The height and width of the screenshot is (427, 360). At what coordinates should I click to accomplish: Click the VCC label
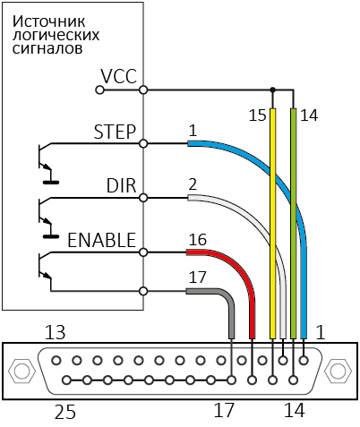tap(118, 76)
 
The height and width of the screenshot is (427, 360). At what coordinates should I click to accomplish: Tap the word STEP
tap(115, 132)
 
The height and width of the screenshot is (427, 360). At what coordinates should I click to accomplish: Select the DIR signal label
tap(121, 185)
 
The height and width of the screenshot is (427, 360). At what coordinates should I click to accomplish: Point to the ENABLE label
tap(102, 240)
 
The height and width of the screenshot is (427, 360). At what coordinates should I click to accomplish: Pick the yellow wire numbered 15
tap(272, 224)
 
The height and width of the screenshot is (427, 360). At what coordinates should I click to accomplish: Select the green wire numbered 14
tap(294, 224)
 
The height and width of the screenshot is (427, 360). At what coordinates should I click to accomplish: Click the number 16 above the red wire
tap(198, 240)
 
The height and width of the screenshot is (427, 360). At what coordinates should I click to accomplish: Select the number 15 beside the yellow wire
tap(257, 115)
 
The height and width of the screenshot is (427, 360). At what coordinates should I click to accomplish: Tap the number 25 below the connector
tap(65, 412)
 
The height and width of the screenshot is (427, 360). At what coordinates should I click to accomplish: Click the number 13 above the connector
tap(55, 332)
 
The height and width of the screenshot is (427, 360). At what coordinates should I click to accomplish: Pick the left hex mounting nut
tap(20, 371)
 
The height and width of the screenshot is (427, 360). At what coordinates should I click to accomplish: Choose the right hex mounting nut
tap(339, 371)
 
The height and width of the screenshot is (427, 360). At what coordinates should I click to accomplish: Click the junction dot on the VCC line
tap(272, 90)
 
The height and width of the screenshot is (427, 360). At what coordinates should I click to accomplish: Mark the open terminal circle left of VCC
tap(99, 90)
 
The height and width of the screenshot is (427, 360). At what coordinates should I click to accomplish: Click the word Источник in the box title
tap(48, 21)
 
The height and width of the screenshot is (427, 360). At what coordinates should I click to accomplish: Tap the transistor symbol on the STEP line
tap(47, 161)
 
